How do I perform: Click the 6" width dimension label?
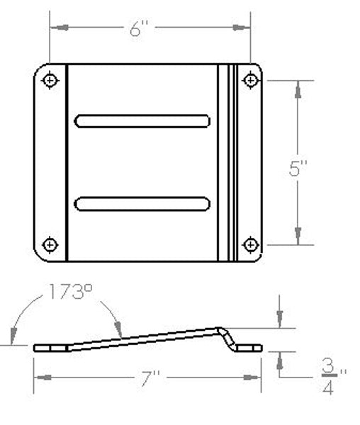(x=139, y=29)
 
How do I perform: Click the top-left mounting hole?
(x=50, y=80)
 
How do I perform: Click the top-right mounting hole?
(x=249, y=80)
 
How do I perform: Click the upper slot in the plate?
(x=142, y=121)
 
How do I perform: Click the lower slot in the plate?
(x=142, y=204)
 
